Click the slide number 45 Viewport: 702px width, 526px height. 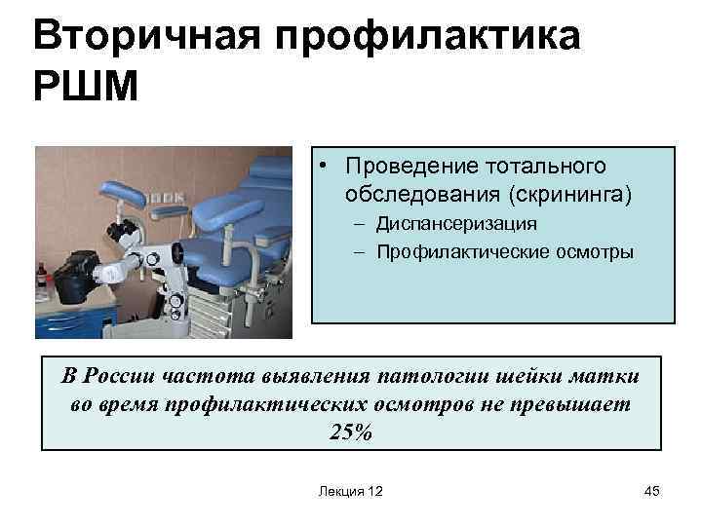[652, 492]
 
